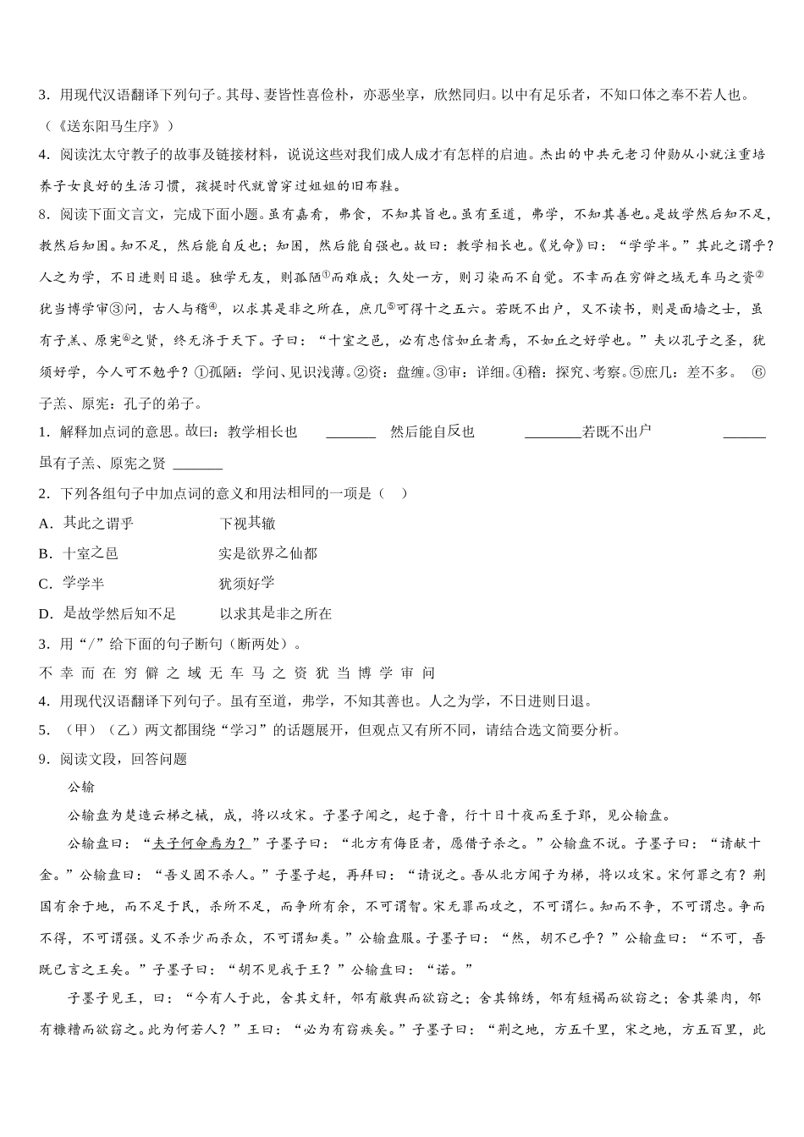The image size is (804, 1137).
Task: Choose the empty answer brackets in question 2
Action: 393,494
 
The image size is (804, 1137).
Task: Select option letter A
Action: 46,524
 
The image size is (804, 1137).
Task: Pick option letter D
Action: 46,613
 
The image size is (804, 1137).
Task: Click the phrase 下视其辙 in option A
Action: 247,524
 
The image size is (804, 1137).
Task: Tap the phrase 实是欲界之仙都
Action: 267,554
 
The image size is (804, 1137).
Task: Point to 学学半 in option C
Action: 84,584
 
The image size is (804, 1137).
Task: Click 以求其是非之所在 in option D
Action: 276,613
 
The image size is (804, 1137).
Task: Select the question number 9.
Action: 44,759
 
